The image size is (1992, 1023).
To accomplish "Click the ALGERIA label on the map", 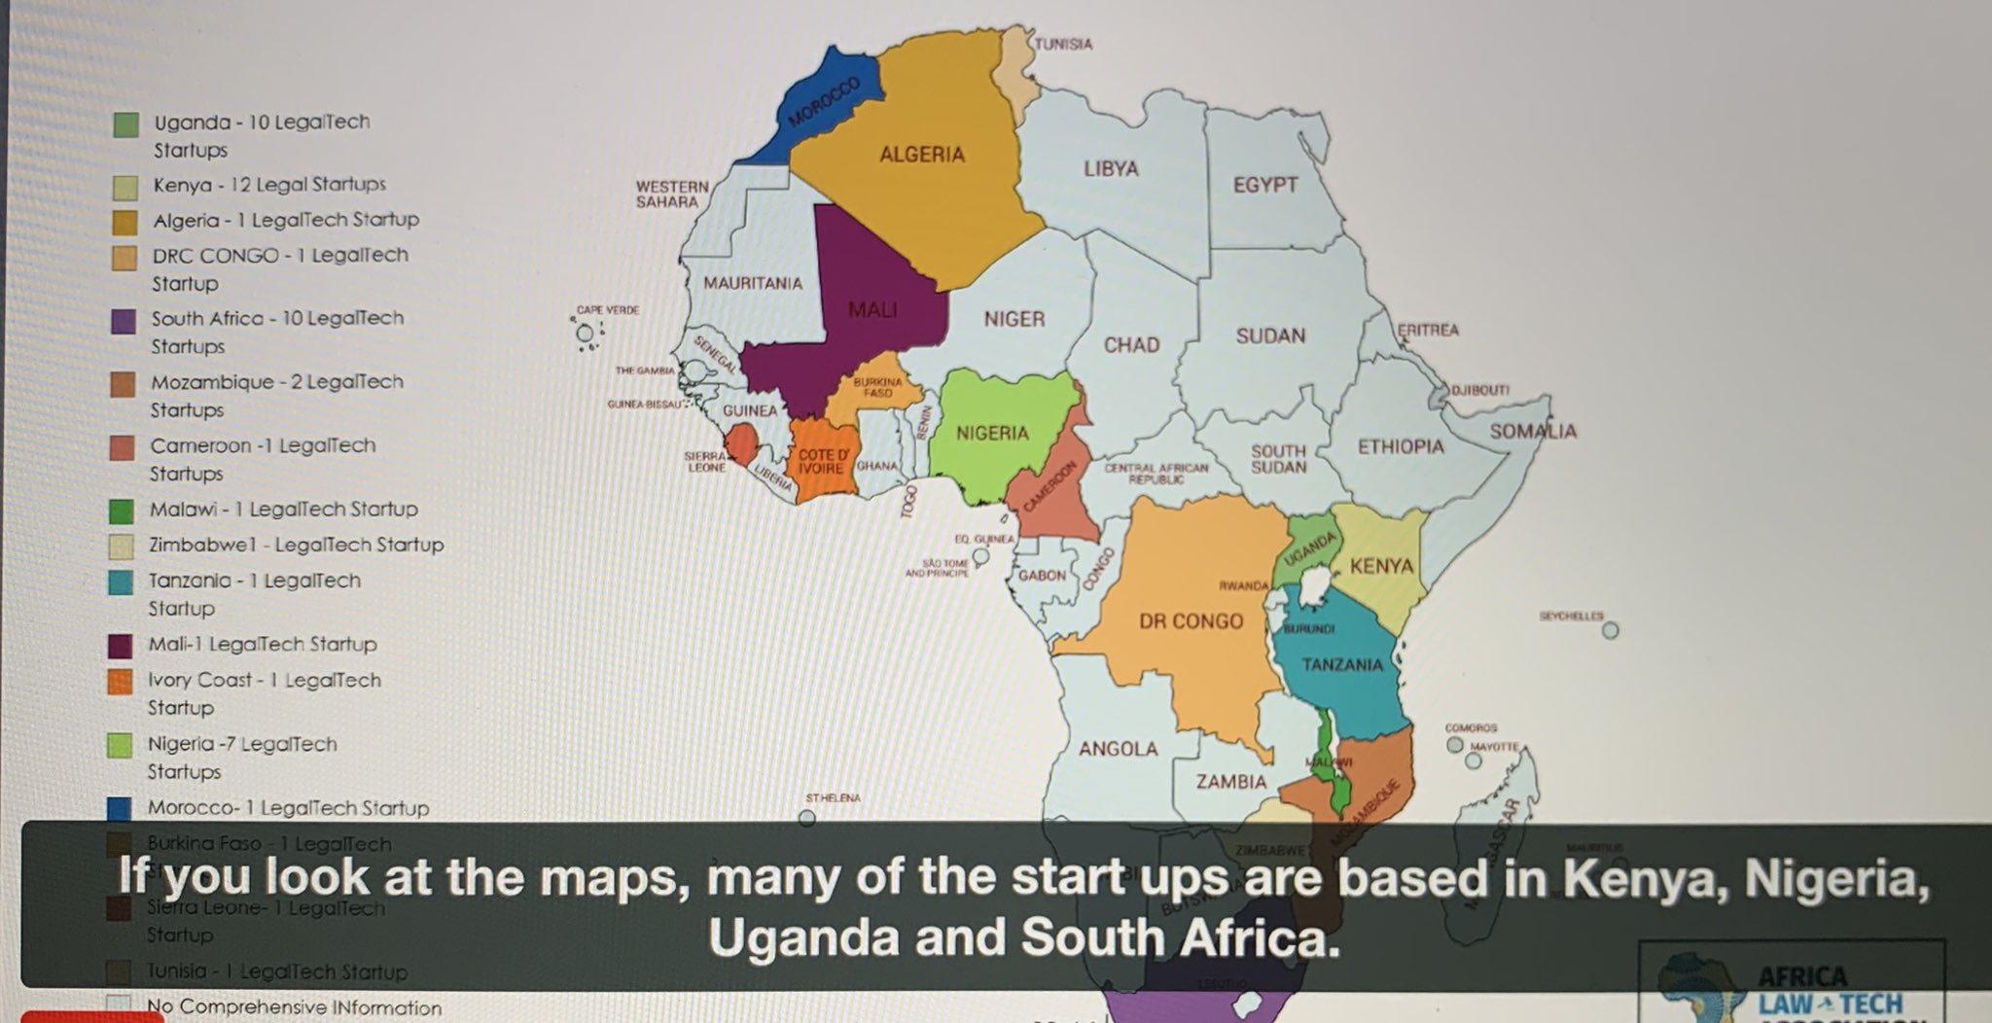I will click(x=921, y=155).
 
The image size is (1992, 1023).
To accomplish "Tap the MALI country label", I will click(x=872, y=310).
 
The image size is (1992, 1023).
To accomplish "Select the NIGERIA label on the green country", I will click(x=991, y=433).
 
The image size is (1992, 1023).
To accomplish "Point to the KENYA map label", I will click(x=1381, y=566).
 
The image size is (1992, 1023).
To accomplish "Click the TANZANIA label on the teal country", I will click(x=1342, y=665).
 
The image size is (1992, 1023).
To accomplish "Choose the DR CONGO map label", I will click(x=1191, y=621).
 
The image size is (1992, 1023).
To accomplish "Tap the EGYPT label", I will click(x=1264, y=185).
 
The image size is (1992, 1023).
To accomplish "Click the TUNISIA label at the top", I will click(x=1062, y=44).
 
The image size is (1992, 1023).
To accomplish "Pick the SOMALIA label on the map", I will click(x=1533, y=431).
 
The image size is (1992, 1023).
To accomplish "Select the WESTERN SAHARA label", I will click(x=671, y=194).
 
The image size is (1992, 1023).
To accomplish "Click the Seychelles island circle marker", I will click(x=1610, y=630).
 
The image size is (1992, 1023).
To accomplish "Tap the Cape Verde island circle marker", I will click(x=585, y=334).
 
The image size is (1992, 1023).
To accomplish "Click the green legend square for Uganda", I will click(x=126, y=124).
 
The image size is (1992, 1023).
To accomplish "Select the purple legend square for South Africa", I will click(x=124, y=322).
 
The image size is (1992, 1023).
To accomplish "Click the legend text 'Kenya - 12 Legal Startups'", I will click(x=268, y=185).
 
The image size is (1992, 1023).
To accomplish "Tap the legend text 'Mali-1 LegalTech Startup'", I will click(x=262, y=644).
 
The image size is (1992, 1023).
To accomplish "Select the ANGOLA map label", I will click(x=1118, y=749).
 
